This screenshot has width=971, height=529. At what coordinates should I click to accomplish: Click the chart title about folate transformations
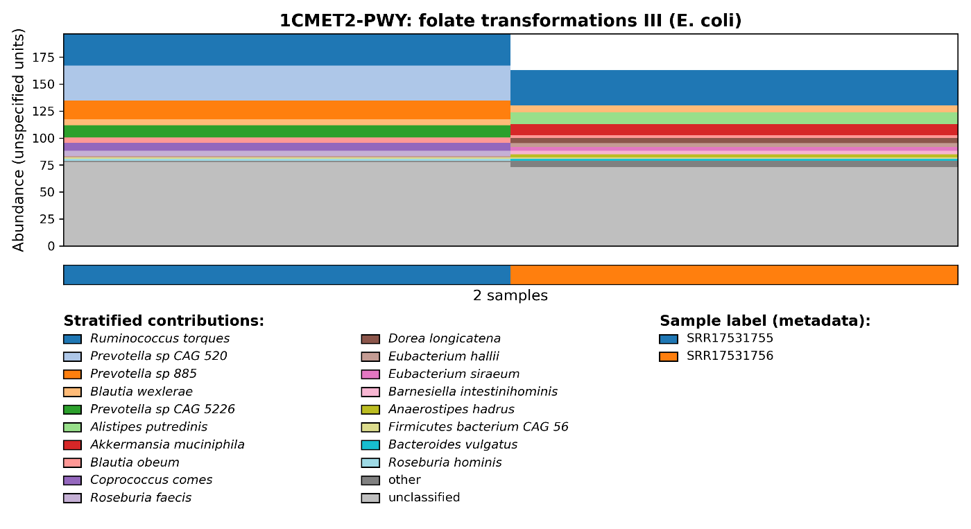(x=510, y=21)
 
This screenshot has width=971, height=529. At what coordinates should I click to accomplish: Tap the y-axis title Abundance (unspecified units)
(x=19, y=139)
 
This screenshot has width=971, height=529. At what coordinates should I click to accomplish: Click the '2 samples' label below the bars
(x=510, y=296)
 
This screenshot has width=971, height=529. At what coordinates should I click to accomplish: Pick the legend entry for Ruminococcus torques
(x=160, y=339)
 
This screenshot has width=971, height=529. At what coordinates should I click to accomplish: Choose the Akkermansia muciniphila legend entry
(x=167, y=445)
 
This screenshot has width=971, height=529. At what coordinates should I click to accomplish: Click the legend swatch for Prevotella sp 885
(x=72, y=374)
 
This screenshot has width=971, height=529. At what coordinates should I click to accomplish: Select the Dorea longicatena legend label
(x=444, y=339)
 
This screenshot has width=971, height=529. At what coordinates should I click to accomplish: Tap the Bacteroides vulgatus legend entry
(x=452, y=445)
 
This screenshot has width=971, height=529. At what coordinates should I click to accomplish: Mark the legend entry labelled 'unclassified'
(x=424, y=498)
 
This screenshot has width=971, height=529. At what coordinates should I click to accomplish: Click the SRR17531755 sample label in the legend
(x=730, y=339)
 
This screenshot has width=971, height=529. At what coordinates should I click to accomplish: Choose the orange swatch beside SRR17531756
(x=669, y=356)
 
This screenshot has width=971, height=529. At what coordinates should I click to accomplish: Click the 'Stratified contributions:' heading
(x=164, y=321)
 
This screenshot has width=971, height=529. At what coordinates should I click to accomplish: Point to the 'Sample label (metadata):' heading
(x=764, y=321)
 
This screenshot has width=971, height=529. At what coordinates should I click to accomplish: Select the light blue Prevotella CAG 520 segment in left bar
(x=286, y=83)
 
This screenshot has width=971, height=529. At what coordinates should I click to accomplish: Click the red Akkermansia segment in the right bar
(x=734, y=130)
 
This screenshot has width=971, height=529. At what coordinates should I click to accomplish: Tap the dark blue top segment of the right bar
(x=734, y=87)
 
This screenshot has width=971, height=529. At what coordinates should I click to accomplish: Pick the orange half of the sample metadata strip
(x=734, y=275)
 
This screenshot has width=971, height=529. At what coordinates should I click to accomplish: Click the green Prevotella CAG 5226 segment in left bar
(x=286, y=131)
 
